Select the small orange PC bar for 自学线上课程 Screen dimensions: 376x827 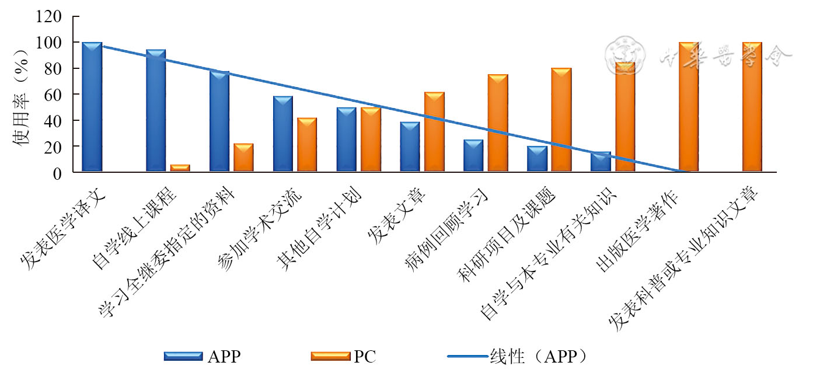tap(180, 168)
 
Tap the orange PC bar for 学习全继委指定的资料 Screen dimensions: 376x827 tap(243, 157)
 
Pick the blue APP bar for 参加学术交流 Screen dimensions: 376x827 tap(283, 134)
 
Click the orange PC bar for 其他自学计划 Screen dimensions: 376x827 tap(370, 140)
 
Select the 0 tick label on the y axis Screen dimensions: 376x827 tap(57, 173)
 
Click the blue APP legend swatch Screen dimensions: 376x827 tap(183, 356)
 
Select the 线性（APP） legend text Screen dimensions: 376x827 tap(538, 356)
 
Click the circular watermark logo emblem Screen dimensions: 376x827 tap(626, 55)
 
